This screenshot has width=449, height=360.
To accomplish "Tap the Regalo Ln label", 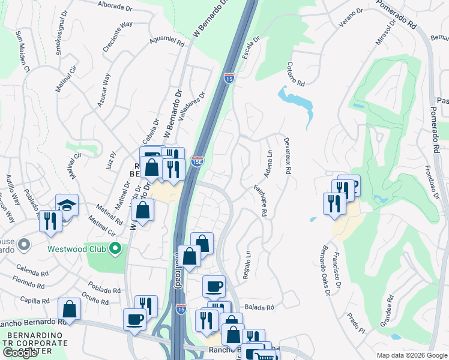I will tap(247, 265).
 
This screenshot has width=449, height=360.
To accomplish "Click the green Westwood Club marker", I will tap(118, 248).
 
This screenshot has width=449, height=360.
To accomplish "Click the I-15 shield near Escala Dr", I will tap(229, 78).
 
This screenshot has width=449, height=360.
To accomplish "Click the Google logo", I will tap(19, 353).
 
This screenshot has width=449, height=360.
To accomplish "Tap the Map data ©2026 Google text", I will tap(411, 355).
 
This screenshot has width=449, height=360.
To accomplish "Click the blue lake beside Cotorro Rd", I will tap(298, 102).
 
